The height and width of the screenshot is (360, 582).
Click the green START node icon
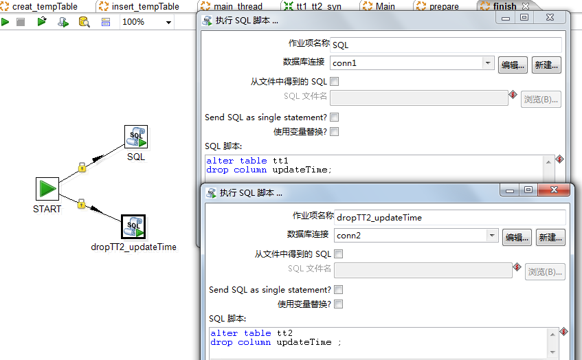(x=47, y=189)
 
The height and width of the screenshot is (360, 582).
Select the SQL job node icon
(x=136, y=137)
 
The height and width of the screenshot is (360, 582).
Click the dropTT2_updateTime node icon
(x=133, y=227)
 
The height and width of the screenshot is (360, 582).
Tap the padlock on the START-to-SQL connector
(x=82, y=168)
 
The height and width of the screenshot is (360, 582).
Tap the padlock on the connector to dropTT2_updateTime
(x=81, y=203)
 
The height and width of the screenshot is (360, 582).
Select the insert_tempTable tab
(x=141, y=6)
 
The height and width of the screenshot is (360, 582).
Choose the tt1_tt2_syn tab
(x=313, y=6)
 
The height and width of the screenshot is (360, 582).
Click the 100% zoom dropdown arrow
(x=168, y=22)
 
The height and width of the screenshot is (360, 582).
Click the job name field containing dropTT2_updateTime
(x=450, y=218)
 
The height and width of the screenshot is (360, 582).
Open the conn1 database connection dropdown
(x=488, y=63)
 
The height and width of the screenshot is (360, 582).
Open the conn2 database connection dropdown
(x=492, y=235)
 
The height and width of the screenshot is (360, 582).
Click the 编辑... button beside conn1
(x=513, y=65)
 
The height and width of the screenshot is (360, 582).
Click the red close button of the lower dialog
(x=554, y=190)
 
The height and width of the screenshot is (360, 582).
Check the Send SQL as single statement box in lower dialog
(x=339, y=289)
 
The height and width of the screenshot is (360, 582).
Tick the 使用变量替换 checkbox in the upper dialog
(x=335, y=131)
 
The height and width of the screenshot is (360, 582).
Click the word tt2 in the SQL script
(x=284, y=333)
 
